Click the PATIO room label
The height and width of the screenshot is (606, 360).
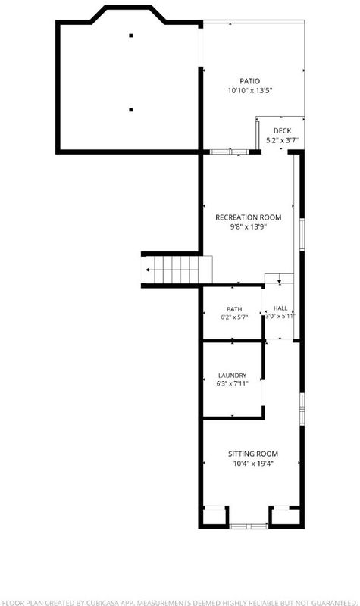[250, 81]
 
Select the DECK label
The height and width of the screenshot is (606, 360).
[282, 131]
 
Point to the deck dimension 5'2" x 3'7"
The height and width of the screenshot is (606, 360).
[282, 141]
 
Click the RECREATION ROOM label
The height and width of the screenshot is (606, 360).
[249, 217]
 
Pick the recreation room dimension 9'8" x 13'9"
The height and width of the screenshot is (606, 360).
[249, 227]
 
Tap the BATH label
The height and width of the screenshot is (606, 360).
[234, 309]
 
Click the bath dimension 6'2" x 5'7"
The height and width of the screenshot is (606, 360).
[234, 317]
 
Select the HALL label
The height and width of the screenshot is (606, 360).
[280, 308]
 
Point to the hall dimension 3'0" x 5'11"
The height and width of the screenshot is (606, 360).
[280, 316]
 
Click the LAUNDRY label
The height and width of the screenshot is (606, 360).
[232, 376]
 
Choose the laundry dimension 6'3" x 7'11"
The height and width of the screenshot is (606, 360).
[232, 384]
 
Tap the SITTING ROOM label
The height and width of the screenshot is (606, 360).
[253, 454]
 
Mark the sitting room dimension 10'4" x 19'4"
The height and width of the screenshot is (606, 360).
[253, 464]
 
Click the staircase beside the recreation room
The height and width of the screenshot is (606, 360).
[177, 270]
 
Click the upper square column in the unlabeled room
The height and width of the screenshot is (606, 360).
[131, 36]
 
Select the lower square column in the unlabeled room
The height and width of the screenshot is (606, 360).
[131, 110]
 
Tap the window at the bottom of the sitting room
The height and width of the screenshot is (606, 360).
[249, 526]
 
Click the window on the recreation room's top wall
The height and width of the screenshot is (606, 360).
[230, 151]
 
